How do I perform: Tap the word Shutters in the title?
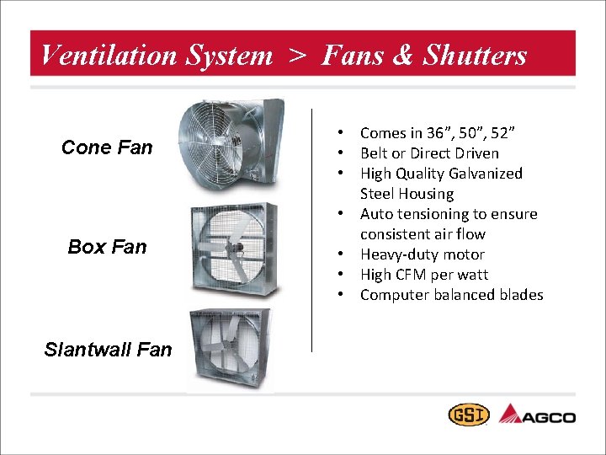475,56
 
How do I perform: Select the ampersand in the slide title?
402,56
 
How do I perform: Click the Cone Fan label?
107,147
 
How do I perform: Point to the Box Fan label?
107,247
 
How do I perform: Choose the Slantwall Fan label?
108,349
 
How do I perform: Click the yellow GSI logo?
466,415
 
